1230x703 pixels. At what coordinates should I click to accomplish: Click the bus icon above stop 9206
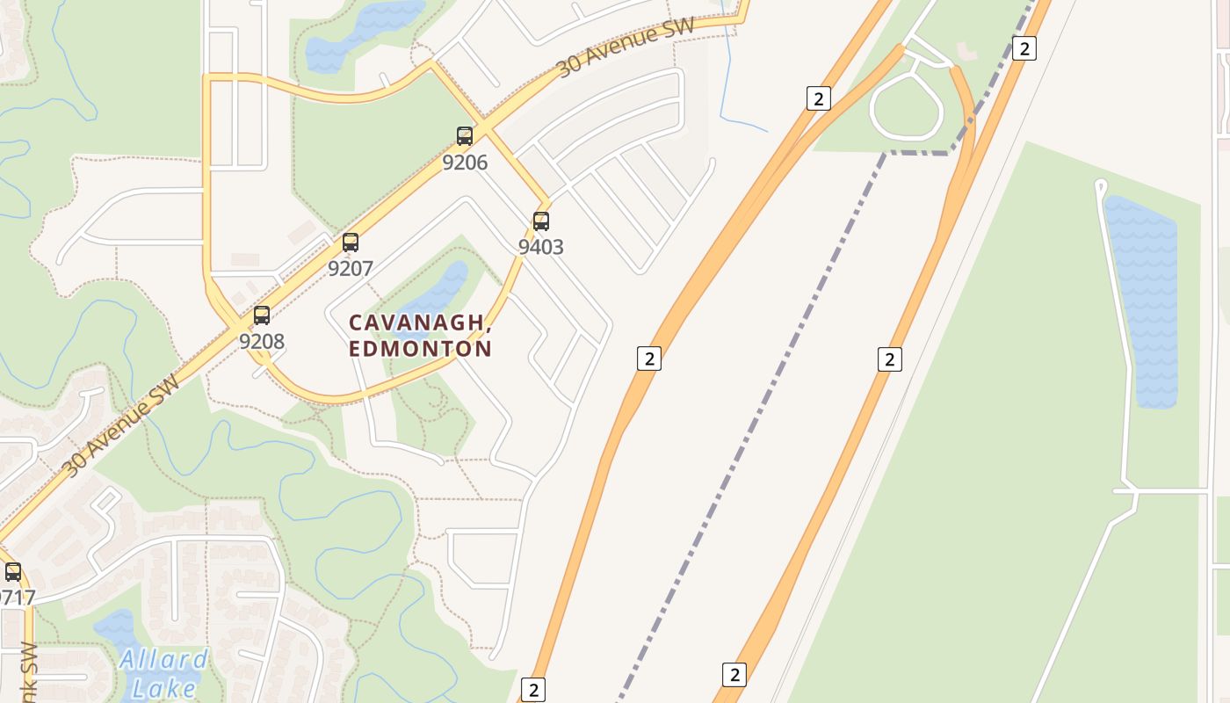coord(465,136)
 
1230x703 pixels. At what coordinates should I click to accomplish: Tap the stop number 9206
coord(465,163)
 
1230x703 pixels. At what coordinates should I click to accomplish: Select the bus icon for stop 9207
coord(351,243)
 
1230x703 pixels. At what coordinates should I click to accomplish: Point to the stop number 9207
coord(351,269)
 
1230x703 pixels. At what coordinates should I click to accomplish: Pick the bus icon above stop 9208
coord(262,315)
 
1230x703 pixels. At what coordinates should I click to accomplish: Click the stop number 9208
coord(262,341)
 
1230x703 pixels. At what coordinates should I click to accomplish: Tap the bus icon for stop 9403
coord(541,221)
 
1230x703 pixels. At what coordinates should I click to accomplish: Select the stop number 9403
coord(540,247)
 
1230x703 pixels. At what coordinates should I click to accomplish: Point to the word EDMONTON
coord(420,349)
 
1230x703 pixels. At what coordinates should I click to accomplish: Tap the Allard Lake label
coord(163,672)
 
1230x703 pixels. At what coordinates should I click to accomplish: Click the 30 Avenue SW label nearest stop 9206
coord(626,46)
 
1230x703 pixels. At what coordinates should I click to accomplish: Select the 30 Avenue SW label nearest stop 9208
coord(120,425)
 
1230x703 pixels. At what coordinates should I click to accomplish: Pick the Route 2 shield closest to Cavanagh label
coord(648,359)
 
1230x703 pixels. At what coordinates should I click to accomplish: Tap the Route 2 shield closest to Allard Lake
coord(532,689)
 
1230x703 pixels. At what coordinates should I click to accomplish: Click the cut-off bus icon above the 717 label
coord(13,572)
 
